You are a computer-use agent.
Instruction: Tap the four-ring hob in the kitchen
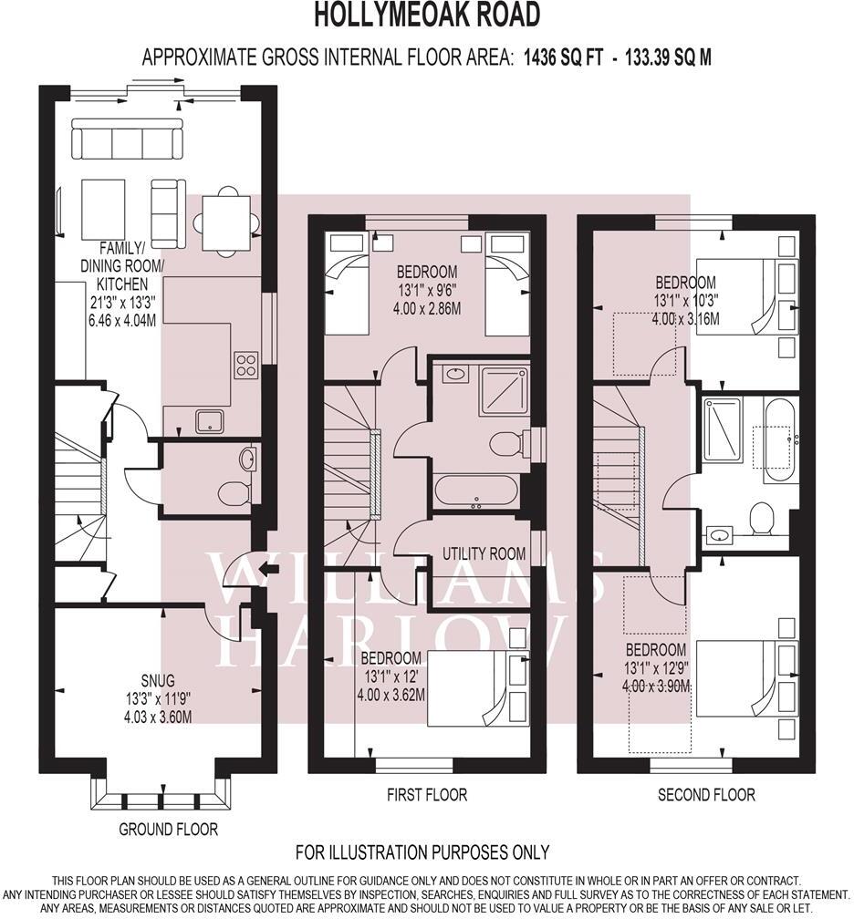point(246,365)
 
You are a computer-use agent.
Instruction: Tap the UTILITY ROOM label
point(484,553)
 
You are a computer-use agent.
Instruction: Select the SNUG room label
point(158,680)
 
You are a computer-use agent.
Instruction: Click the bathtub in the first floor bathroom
point(476,490)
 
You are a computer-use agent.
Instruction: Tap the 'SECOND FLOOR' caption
point(706,795)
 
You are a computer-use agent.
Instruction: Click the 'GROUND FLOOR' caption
point(169,829)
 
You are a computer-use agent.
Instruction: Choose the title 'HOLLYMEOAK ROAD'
point(427,15)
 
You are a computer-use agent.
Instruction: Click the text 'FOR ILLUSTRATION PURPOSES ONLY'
point(422,852)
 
